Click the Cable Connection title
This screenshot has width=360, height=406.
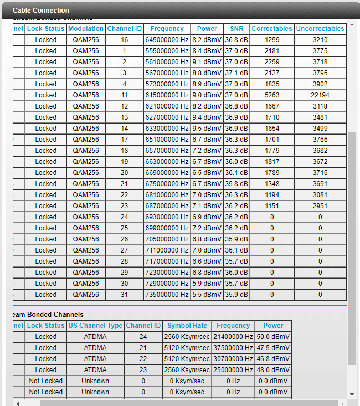[41, 10]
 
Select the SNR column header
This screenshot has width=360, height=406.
[236, 28]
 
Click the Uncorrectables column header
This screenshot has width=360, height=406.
[320, 28]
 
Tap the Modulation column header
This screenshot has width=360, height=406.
[86, 28]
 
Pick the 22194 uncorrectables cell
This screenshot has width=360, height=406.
[320, 95]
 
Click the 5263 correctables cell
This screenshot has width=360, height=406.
[272, 95]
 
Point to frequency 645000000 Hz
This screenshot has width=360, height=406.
[167, 40]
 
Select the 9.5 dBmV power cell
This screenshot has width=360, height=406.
[207, 129]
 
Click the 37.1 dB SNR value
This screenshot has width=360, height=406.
[236, 73]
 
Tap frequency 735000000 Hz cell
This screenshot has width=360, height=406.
[167, 295]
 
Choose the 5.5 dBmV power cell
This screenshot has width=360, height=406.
[207, 295]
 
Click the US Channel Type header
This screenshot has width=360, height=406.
[95, 326]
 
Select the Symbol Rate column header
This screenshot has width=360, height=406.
[187, 326]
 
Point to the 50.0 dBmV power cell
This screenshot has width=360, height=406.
[273, 337]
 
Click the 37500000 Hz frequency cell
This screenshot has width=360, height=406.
[233, 348]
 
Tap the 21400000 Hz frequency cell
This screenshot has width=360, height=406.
[233, 337]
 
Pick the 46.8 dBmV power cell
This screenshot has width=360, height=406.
[273, 359]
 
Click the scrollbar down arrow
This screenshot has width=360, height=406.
[352, 394]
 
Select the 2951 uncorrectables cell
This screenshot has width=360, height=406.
[320, 206]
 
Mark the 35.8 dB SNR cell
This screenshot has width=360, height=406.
[236, 184]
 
